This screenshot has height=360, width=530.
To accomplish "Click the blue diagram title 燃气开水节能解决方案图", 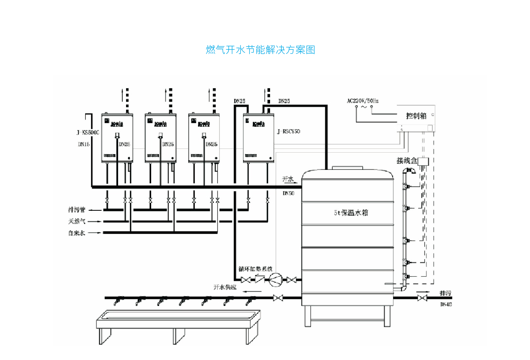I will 260,50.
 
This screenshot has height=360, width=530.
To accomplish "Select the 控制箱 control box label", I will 416,116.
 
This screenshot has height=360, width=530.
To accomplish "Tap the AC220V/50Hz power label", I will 362,100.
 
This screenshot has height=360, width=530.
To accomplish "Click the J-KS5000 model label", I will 88,132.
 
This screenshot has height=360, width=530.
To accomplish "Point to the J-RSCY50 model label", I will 288,132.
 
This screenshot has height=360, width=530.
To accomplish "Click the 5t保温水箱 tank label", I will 351,213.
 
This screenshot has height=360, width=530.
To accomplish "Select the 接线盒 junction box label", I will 407,161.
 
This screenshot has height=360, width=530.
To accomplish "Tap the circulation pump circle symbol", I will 275,279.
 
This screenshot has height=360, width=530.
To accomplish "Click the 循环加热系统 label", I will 255,269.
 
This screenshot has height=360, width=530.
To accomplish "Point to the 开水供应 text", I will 225,287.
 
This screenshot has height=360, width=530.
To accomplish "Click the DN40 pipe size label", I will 446,304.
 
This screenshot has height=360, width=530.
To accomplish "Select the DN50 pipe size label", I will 288,193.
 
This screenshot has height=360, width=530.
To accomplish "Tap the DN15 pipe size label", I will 84,144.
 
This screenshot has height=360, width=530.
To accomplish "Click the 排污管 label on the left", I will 77,210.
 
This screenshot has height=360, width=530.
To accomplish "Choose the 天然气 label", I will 77,221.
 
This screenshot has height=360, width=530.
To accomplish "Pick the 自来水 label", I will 77,233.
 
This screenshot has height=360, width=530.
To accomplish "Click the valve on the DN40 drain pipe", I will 422,298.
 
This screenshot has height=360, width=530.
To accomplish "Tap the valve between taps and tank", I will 278,298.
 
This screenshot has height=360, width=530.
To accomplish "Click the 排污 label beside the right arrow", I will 445,293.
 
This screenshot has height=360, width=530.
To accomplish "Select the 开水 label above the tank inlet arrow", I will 288,179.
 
